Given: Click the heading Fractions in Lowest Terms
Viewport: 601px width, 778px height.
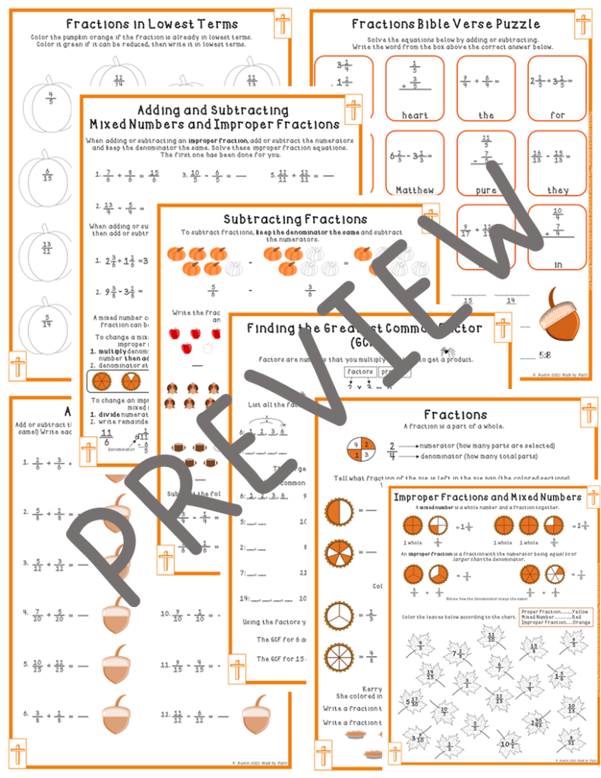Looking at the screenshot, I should coord(152,24).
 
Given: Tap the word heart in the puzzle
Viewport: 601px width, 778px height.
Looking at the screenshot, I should coord(415,115).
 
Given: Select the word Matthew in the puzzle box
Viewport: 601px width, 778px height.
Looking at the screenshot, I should coord(415,189).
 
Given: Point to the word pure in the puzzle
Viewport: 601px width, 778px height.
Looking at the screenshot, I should coord(486,189).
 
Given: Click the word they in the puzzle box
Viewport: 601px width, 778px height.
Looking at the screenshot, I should coord(558,189).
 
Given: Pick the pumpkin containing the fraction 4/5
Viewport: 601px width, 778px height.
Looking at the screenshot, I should coord(50,103).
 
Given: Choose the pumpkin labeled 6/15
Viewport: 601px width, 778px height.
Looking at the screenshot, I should coord(50,176).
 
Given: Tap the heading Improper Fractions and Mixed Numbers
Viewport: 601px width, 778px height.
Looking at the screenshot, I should coord(486,497).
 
